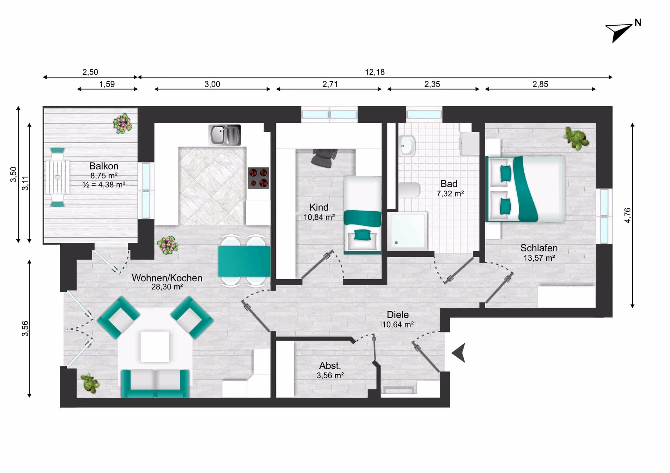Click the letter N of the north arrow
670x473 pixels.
pyautogui.click(x=638, y=23)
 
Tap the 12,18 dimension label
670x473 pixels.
pyautogui.click(x=375, y=72)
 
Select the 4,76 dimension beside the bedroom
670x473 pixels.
pyautogui.click(x=628, y=215)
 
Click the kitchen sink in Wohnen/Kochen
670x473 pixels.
pyautogui.click(x=224, y=135)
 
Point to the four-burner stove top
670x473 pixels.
pyautogui.click(x=258, y=178)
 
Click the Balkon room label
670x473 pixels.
pyautogui.click(x=104, y=166)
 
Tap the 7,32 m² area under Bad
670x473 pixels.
pyautogui.click(x=450, y=194)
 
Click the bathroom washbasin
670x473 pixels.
pyautogui.click(x=407, y=145)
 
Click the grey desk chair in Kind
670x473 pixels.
pyautogui.click(x=324, y=158)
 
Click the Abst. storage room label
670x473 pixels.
pyautogui.click(x=330, y=365)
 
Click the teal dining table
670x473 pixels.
pyautogui.click(x=244, y=262)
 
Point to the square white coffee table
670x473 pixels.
pyautogui.click(x=155, y=346)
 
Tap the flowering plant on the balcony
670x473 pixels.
pyautogui.click(x=123, y=124)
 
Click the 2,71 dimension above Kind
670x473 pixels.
pyautogui.click(x=330, y=84)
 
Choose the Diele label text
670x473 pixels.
pyautogui.click(x=397, y=315)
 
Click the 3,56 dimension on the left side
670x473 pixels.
pyautogui.click(x=25, y=328)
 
